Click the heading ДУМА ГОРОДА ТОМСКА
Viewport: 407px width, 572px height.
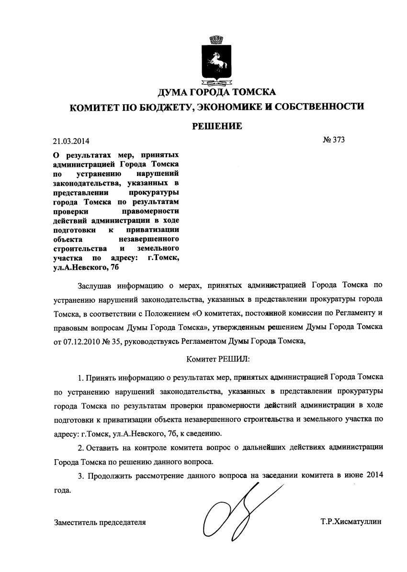216,92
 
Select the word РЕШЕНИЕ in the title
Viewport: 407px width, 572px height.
217,126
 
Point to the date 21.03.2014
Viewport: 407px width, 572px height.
71,141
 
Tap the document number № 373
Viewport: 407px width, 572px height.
334,140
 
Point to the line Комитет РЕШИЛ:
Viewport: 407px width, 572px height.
217,358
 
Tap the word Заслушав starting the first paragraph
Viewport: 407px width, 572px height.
95,286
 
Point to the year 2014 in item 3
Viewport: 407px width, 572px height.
374,476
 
